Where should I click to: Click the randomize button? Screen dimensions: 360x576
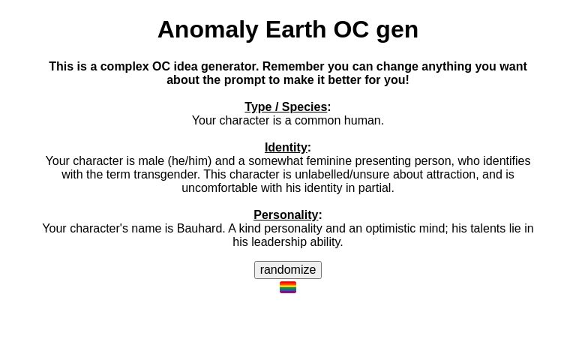point(288,270)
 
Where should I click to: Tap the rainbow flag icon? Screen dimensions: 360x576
point(288,287)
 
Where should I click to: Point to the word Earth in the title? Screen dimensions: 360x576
point(295,29)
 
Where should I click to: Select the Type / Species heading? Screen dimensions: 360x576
point(286,107)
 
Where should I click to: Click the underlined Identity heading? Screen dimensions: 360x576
point(286,148)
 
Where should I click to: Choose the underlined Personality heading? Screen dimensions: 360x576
point(286,215)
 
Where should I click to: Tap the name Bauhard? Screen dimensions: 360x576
point(199,229)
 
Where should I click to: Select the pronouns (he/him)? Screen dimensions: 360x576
point(189,161)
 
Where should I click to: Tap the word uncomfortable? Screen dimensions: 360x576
point(219,188)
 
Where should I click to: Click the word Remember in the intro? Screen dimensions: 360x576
point(291,67)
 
